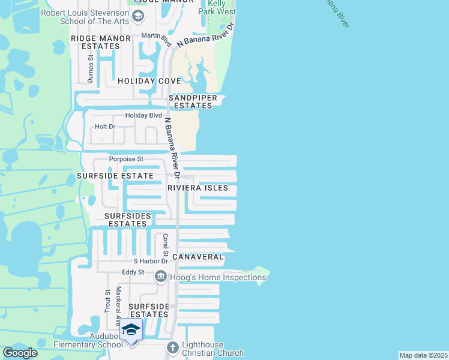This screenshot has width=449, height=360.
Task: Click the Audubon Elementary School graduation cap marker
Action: click(x=131, y=331)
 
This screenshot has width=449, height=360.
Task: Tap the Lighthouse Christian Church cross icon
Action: click(x=173, y=347)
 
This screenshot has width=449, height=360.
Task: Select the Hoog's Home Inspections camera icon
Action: click(x=161, y=277)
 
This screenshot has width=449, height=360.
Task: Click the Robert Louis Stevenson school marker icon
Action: click(x=139, y=16)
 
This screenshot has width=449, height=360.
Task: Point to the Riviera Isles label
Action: click(x=198, y=188)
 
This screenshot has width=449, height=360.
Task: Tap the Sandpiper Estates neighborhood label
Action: click(x=190, y=101)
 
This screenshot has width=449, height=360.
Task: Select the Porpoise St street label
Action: click(x=126, y=159)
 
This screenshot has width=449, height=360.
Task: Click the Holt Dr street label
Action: click(x=104, y=127)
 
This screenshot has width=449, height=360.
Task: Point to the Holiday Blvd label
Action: click(x=143, y=115)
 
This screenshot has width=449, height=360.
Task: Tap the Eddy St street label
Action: click(x=133, y=272)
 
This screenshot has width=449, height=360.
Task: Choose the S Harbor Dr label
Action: click(x=150, y=261)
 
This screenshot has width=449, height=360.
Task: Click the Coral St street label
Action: click(x=164, y=244)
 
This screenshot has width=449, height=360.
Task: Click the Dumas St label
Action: click(x=91, y=69)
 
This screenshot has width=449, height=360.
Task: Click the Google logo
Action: click(x=20, y=353)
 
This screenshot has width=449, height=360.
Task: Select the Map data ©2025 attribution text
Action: click(x=423, y=355)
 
